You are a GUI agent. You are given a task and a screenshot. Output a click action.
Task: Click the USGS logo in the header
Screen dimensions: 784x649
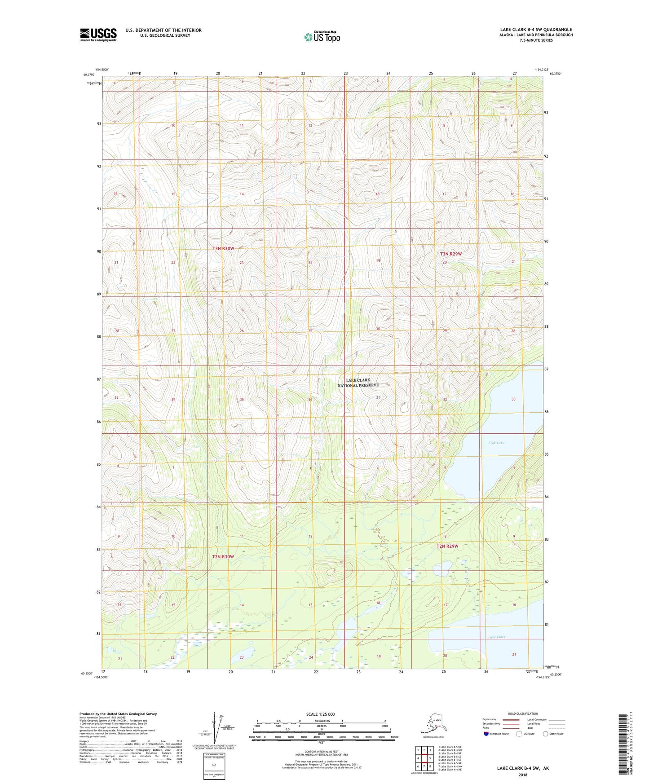click(98, 35)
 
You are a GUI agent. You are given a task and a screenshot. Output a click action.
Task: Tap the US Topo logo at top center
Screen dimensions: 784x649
click(322, 37)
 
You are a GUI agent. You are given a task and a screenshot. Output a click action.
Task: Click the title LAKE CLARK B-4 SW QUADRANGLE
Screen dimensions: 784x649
click(536, 30)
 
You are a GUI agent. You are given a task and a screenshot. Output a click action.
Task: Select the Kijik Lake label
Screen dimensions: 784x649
click(496, 443)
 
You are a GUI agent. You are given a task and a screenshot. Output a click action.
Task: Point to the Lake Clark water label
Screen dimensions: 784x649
click(497, 637)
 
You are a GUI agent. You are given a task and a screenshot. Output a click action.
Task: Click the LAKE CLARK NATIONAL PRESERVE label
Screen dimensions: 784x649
click(358, 383)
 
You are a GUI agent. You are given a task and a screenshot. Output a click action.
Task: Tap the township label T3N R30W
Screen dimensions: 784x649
click(223, 248)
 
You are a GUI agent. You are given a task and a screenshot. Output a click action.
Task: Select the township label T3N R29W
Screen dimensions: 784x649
click(450, 254)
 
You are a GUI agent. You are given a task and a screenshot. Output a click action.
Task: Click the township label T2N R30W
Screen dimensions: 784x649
click(223, 556)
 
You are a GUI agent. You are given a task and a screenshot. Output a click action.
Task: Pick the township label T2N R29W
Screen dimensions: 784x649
click(447, 546)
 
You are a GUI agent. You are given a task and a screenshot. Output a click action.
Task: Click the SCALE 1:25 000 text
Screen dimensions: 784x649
click(320, 714)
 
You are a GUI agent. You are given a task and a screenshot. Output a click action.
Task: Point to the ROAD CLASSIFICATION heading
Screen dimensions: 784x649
click(523, 714)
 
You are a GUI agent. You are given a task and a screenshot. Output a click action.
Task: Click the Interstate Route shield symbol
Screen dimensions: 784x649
click(486, 734)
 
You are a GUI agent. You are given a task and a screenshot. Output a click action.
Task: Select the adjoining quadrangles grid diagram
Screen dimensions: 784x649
click(424, 759)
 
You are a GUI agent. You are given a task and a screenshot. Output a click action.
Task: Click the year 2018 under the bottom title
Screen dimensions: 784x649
click(523, 775)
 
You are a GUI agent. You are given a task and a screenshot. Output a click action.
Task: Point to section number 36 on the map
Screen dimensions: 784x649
click(310, 399)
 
